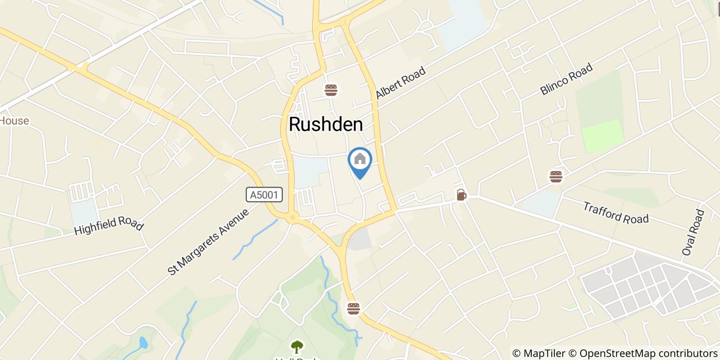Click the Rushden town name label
326,124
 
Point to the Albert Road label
401,83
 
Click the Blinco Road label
566,79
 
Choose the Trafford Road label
616,212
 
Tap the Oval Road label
693,232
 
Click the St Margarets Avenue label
208,241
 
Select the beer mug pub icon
461,195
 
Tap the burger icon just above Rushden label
331,91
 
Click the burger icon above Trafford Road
555,176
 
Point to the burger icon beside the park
353,308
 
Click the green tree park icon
296,347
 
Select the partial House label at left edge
14,121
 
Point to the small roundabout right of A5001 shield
293,219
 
